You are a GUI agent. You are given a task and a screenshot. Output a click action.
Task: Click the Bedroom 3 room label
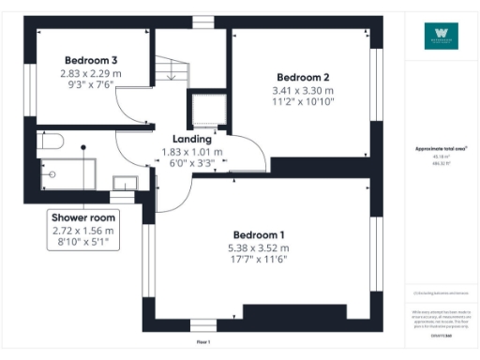click(90, 59)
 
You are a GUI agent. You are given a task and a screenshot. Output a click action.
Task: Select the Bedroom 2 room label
click(302, 77)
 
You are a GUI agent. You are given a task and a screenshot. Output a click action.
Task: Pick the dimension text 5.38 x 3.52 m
click(258, 247)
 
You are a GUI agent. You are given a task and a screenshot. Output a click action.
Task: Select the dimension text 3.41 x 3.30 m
click(302, 91)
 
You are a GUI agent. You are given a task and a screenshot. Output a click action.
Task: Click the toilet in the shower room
click(51, 142)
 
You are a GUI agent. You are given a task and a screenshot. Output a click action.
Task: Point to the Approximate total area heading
click(441, 149)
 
